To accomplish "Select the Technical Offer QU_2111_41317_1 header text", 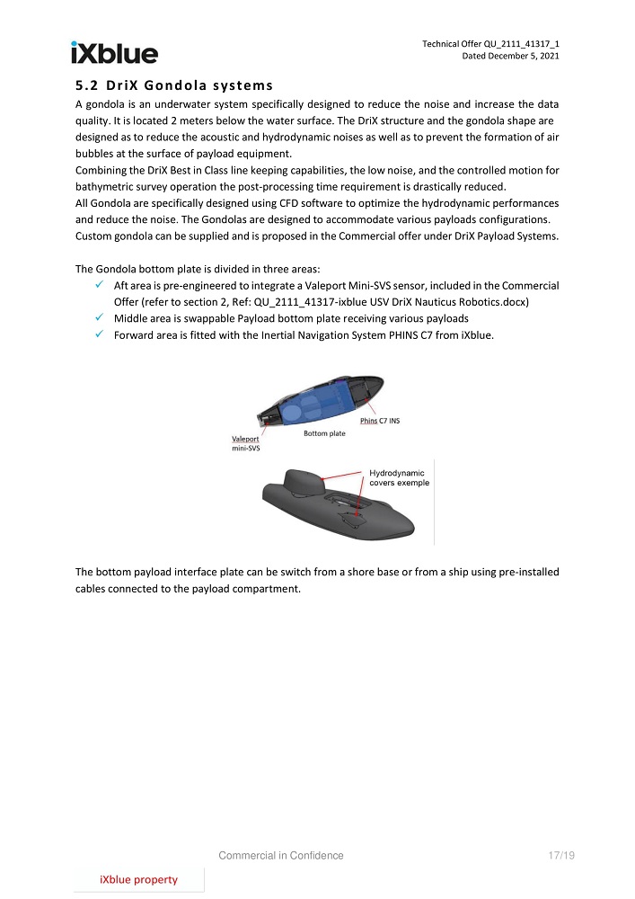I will click(497, 43).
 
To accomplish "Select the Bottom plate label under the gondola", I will click(324, 433).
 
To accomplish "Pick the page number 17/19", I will click(560, 856).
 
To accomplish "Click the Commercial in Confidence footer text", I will click(281, 856).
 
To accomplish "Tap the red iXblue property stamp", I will click(138, 879).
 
